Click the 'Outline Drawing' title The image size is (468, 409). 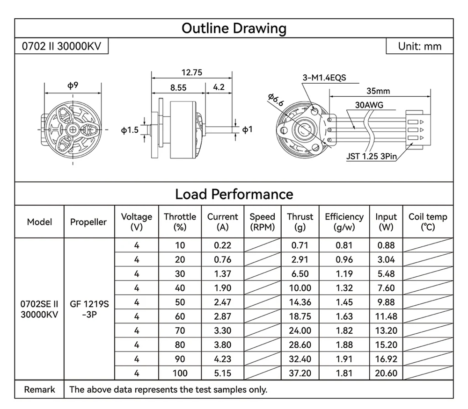pos(234,28)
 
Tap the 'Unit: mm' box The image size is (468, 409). pos(419,46)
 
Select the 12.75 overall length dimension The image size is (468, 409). pos(191,72)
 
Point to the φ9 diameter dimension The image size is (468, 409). pos(73,85)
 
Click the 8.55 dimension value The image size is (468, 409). pos(178,87)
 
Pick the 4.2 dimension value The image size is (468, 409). pos(219,87)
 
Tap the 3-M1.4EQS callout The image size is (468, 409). pos(324,78)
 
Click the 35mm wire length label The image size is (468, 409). pos(378,91)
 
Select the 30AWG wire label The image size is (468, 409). pos(369,105)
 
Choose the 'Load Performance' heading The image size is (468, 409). pos(234,194)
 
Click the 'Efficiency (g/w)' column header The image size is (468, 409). pos(344,222)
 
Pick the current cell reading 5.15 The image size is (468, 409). pos(222,373)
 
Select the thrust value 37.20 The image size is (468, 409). pos(300,373)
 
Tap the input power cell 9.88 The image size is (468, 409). pos(386,302)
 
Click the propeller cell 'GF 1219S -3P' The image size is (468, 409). pos(89,309)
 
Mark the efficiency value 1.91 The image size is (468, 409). pos(344,359)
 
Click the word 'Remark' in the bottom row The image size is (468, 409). pos(39,389)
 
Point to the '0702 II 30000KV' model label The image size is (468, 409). pos(61,46)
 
